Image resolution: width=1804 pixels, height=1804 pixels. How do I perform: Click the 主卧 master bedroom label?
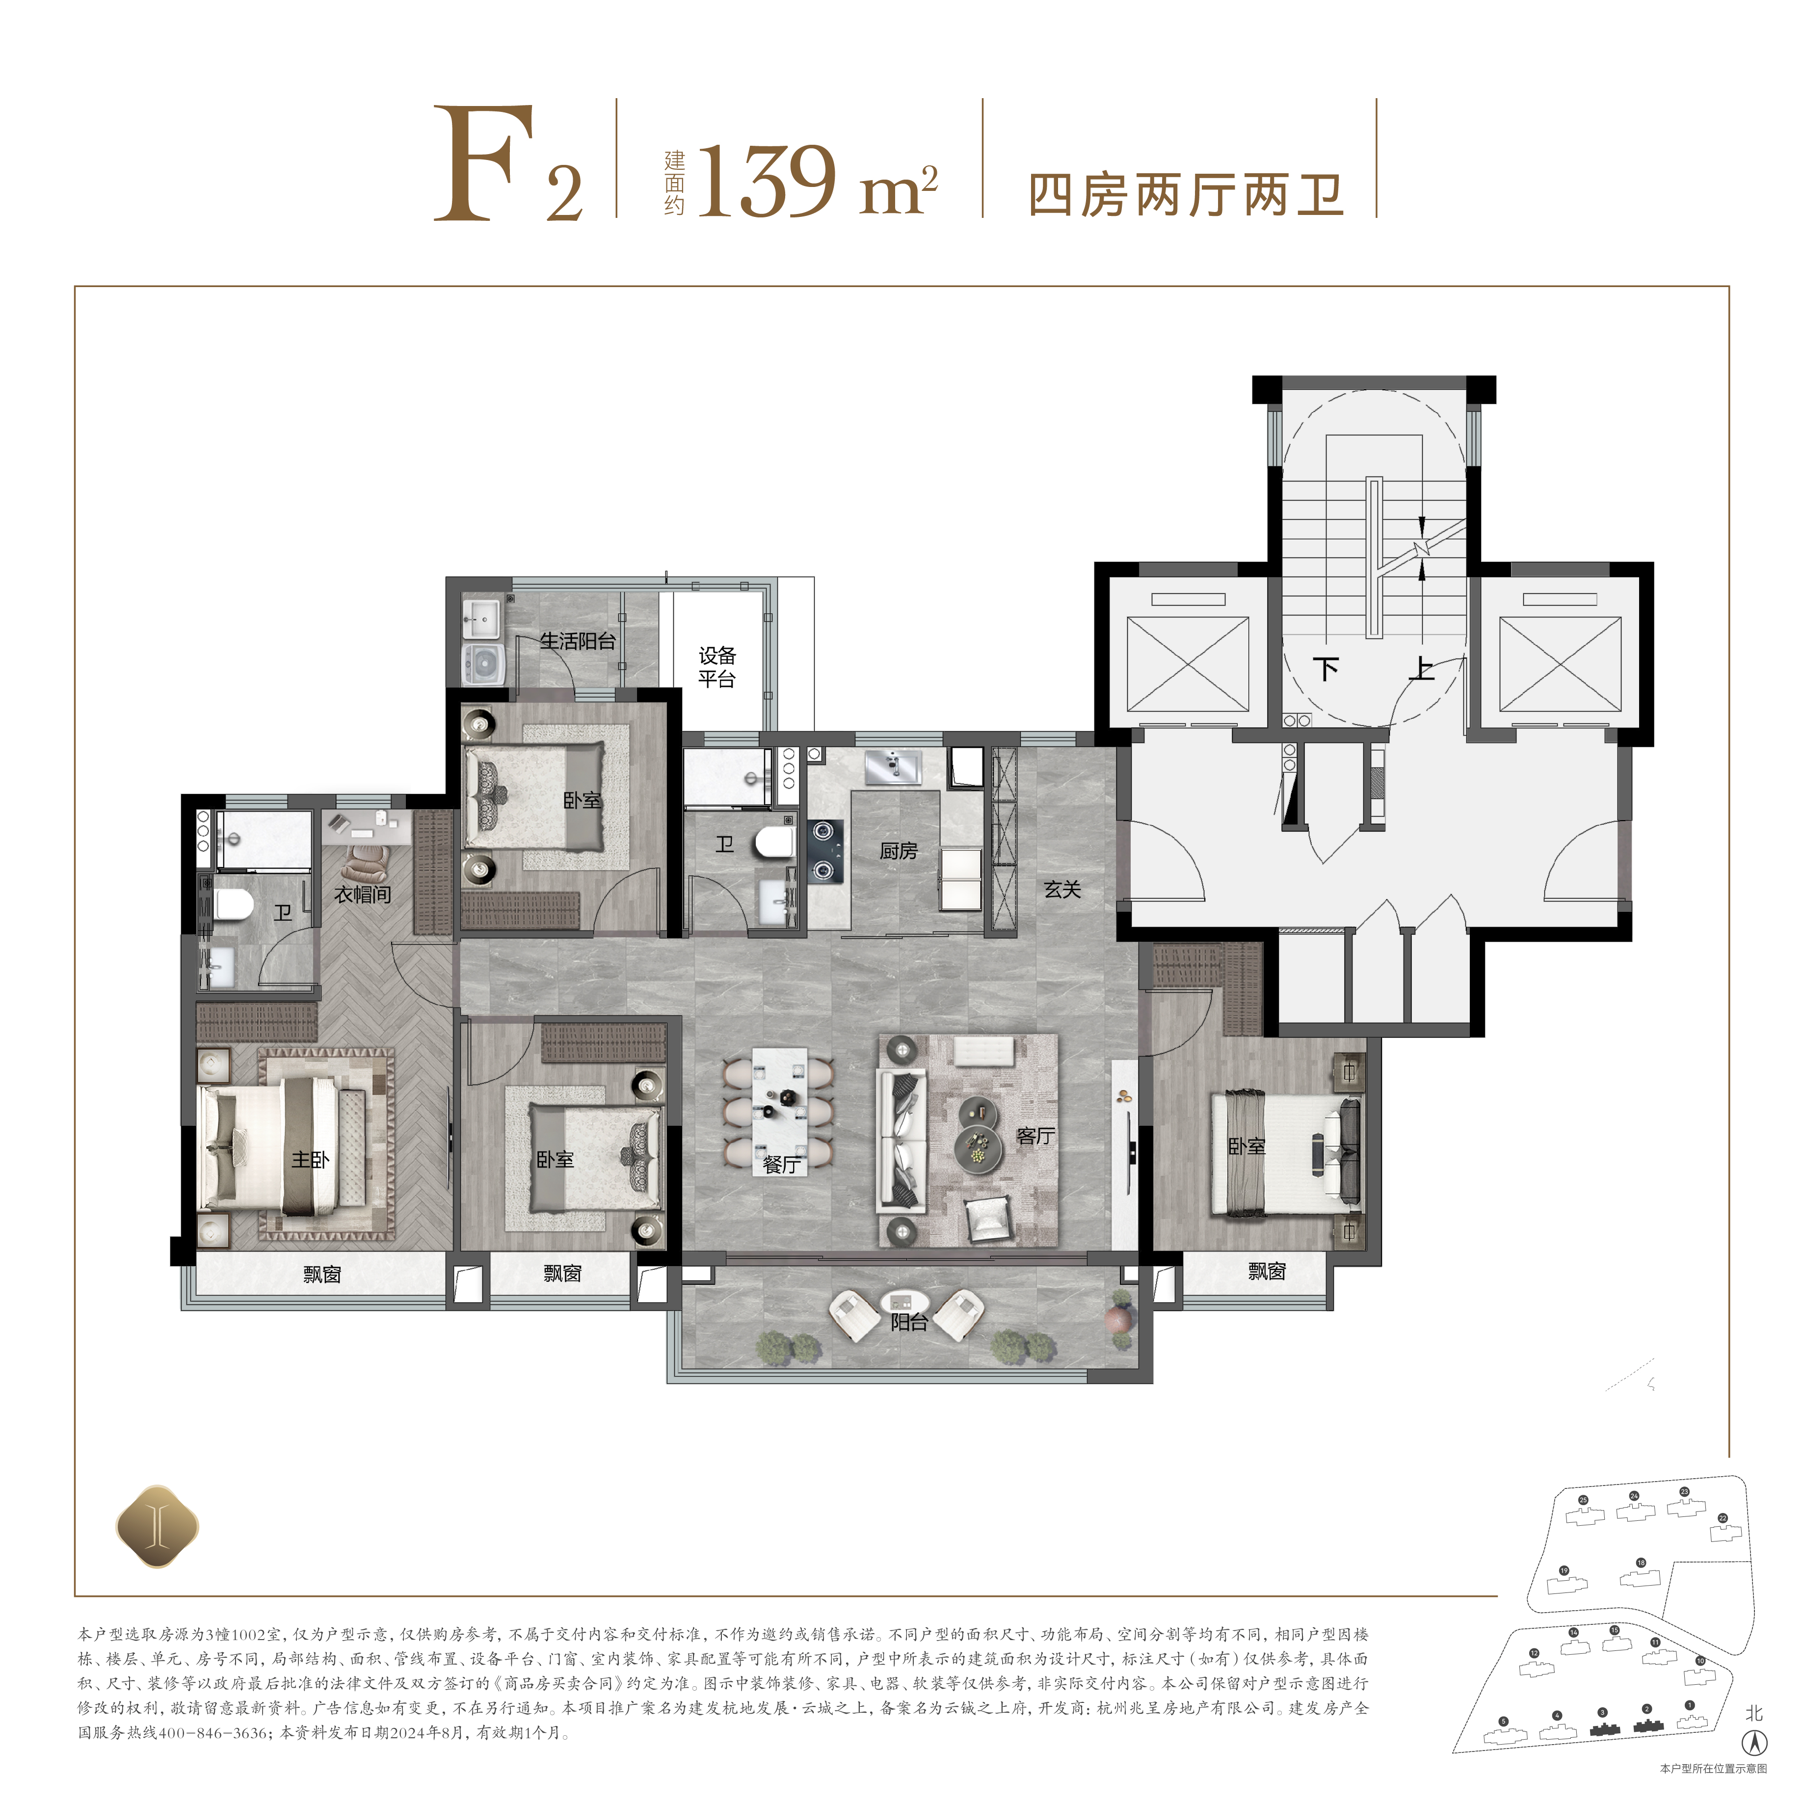[x=310, y=1160]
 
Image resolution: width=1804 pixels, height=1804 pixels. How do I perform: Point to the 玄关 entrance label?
[x=1062, y=890]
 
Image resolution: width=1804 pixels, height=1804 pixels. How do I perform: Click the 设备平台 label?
[x=717, y=667]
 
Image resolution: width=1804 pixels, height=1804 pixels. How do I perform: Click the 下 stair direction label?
[x=1326, y=667]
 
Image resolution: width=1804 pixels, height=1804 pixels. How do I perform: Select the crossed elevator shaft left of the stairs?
[x=1187, y=664]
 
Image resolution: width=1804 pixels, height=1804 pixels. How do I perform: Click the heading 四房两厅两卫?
[x=1186, y=195]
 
